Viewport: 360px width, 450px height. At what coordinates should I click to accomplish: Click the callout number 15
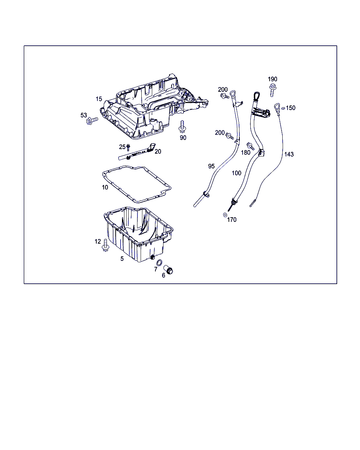tap(99, 99)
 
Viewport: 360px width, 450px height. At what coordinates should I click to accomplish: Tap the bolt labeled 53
tap(92, 121)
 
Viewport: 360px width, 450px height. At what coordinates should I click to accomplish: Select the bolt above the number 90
tap(182, 127)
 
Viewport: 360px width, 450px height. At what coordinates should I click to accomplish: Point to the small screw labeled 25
tap(128, 148)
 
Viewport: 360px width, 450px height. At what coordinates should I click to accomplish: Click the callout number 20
tap(158, 152)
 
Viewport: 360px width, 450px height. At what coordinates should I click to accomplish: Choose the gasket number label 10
tap(105, 187)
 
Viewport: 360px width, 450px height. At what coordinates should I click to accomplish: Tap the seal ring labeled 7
tap(159, 263)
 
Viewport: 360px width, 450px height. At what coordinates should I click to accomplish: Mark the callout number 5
tap(122, 259)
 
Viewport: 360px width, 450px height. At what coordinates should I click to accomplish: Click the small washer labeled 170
tap(225, 215)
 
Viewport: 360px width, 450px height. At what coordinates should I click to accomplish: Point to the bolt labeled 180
tap(250, 146)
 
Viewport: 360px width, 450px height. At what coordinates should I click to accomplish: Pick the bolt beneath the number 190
tap(272, 90)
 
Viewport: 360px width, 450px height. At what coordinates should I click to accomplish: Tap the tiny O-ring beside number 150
tap(283, 108)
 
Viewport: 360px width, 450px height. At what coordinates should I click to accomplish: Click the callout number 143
tap(289, 154)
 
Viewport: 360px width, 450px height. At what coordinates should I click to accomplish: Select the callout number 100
tap(236, 173)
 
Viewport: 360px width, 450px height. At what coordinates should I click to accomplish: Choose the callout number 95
tap(211, 166)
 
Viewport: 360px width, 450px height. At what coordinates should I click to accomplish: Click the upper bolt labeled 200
tap(225, 96)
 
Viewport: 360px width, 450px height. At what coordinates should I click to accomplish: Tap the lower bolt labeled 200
tap(230, 136)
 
